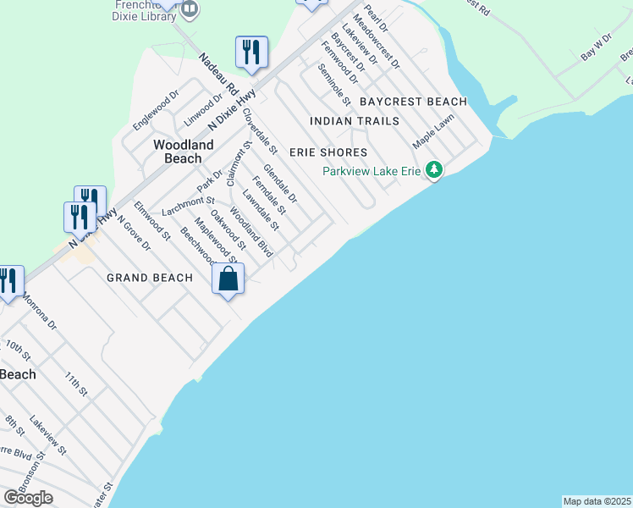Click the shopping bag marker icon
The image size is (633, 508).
228,279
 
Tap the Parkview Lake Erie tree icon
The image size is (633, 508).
434,171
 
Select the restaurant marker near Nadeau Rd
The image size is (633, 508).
251,52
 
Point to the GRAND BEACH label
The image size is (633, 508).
150,278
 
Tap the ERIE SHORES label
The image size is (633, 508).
328,152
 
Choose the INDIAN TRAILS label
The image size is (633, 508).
355,121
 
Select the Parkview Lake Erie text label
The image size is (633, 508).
372,171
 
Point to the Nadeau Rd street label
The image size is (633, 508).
220,75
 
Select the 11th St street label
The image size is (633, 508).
76,383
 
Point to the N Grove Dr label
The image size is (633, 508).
133,234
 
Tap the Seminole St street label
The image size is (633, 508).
336,88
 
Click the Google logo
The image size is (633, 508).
29,498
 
